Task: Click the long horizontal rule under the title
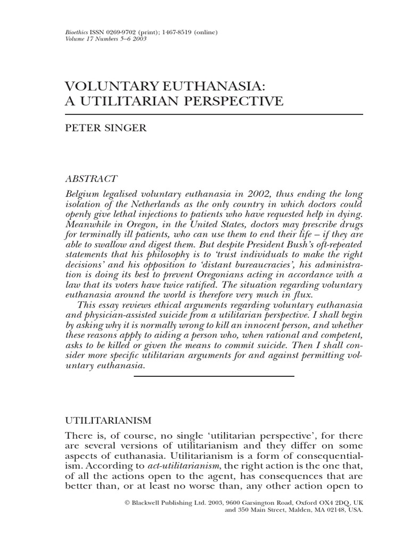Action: pos(214,114)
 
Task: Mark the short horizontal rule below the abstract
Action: pos(214,376)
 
